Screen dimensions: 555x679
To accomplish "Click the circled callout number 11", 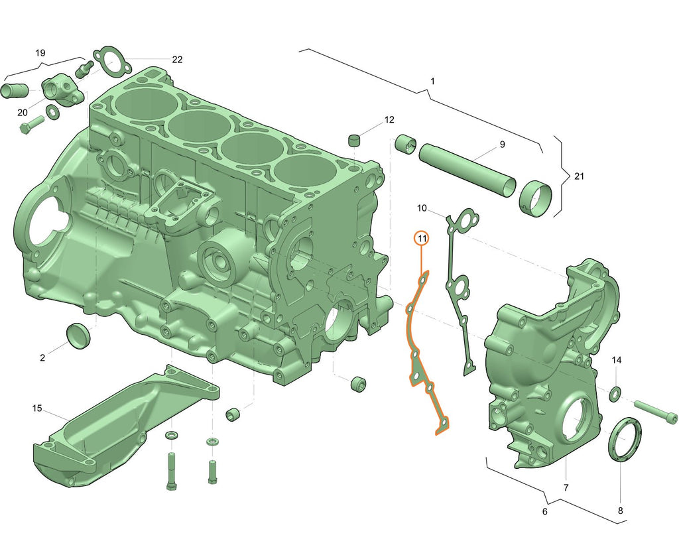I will click(422, 237).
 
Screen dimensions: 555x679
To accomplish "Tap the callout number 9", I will click(502, 144).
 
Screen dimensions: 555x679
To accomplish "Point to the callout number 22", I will click(177, 59).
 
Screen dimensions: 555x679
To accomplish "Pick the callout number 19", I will click(40, 52).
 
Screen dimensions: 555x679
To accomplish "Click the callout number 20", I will click(23, 111).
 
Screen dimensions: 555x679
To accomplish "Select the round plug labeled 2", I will click(78, 335).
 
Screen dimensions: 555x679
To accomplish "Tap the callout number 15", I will click(37, 408).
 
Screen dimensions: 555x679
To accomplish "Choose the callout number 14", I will click(617, 360).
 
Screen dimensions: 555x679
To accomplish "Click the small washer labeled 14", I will click(615, 394).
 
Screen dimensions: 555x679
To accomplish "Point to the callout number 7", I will click(566, 487).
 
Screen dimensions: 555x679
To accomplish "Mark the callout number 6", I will click(544, 511).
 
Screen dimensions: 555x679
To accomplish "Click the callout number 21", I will click(579, 176).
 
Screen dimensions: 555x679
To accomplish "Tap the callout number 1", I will click(432, 81).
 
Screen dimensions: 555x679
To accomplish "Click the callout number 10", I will click(422, 209).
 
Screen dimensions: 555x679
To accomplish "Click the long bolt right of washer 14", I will click(656, 410).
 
